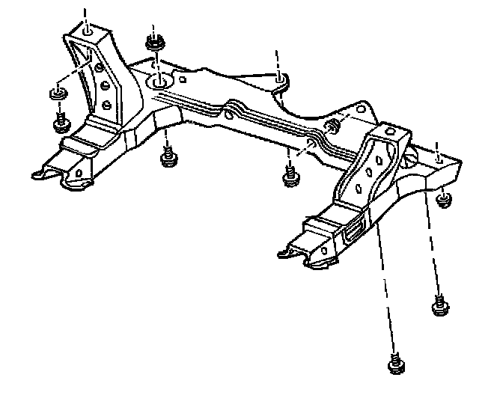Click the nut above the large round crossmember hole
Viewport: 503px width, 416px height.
(156, 43)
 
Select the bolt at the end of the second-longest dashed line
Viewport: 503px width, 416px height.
(439, 304)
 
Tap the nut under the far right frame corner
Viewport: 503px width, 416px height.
(445, 199)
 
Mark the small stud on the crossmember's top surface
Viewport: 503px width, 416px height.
(334, 124)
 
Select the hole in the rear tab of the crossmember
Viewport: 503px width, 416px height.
(279, 77)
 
